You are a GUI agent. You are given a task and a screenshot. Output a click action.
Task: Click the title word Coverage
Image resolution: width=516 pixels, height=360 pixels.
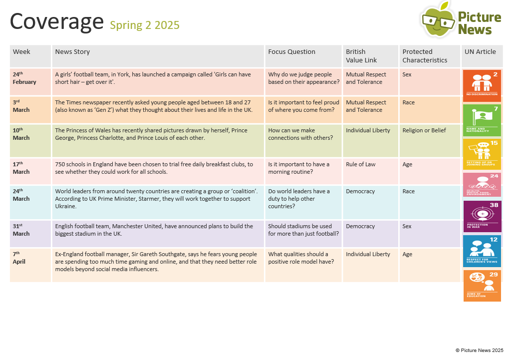click(56, 22)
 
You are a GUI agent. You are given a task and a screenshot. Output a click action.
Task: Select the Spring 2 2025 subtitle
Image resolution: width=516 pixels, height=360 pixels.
click(145, 25)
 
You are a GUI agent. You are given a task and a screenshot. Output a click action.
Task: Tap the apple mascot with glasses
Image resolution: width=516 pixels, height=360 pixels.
click(437, 20)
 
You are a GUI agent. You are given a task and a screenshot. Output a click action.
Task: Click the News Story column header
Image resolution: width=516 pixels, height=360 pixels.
click(72, 52)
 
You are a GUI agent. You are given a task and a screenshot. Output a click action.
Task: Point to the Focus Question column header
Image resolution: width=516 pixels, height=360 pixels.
click(291, 52)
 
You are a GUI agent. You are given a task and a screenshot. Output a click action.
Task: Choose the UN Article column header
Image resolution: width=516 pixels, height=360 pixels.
click(480, 52)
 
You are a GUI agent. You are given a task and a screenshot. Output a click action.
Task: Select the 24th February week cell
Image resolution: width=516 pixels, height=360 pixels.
click(24, 78)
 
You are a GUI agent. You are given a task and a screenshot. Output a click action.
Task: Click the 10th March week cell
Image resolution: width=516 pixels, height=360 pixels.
click(21, 134)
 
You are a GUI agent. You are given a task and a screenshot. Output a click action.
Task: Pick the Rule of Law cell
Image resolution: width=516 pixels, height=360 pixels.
click(360, 164)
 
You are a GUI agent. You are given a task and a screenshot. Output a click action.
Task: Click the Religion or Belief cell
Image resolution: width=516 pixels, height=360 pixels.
click(424, 130)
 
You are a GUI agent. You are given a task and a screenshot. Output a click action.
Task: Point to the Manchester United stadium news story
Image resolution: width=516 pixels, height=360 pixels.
click(154, 230)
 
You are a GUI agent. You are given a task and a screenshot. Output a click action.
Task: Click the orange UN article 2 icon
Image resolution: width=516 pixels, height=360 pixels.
click(482, 85)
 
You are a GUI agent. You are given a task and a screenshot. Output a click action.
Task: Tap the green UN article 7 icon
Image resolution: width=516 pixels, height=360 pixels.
click(482, 120)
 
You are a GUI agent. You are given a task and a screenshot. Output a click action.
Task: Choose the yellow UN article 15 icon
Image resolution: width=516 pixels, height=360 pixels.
click(482, 154)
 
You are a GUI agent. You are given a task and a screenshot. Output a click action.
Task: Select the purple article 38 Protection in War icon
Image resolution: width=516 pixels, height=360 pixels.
click(482, 216)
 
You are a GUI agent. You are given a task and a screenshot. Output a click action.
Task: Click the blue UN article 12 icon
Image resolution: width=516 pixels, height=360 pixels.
click(482, 251)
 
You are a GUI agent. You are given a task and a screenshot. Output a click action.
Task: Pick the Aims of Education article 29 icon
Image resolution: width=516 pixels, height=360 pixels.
click(482, 286)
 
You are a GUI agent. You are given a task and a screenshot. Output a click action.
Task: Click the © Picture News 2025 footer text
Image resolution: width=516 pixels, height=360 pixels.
click(479, 351)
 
